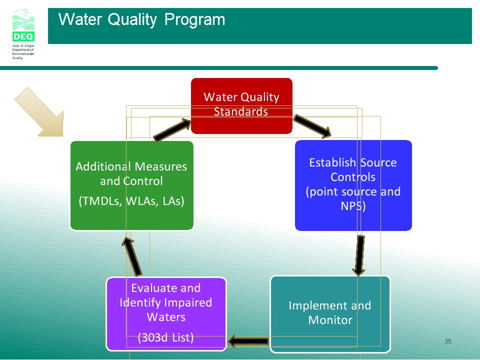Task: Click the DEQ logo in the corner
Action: tap(23, 25)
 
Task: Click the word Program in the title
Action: tap(194, 19)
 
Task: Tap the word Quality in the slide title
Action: tap(132, 20)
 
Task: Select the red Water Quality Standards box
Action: tap(241, 106)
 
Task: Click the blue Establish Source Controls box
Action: tap(353, 185)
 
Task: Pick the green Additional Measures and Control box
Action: tap(132, 185)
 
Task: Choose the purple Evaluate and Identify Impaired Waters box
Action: tap(166, 314)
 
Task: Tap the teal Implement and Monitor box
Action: tap(330, 314)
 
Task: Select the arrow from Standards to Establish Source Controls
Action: tap(312, 126)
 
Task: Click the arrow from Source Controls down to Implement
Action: tap(359, 255)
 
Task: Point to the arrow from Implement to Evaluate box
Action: tap(248, 341)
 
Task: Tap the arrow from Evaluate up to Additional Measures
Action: tap(132, 256)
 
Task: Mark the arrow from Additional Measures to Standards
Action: tap(172, 130)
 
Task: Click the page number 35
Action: tap(448, 341)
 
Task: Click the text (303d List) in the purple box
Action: tap(165, 337)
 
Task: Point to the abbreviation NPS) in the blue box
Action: tap(353, 206)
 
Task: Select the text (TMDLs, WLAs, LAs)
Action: tap(131, 201)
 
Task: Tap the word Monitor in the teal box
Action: tap(330, 320)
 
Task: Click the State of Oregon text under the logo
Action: tap(23, 45)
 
